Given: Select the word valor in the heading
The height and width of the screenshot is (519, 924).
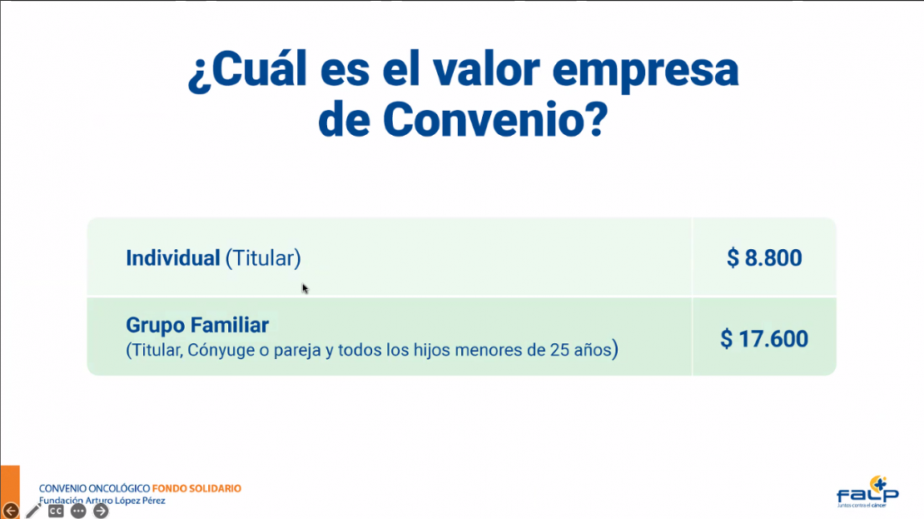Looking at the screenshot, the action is pyautogui.click(x=486, y=70).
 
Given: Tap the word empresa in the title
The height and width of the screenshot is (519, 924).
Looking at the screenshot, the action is pyautogui.click(x=645, y=72).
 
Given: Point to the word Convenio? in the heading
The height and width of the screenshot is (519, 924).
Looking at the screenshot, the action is pyautogui.click(x=495, y=120).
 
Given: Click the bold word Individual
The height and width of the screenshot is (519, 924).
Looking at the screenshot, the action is pyautogui.click(x=172, y=258).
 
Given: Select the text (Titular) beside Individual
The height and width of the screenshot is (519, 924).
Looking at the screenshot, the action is pyautogui.click(x=263, y=258).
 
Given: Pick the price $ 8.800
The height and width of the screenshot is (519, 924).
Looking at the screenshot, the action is pyautogui.click(x=764, y=257).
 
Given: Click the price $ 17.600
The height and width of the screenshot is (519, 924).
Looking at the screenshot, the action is pyautogui.click(x=764, y=338).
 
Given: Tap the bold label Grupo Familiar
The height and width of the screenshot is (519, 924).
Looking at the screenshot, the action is pyautogui.click(x=197, y=325).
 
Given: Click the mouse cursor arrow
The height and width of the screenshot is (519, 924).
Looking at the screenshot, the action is pyautogui.click(x=305, y=288).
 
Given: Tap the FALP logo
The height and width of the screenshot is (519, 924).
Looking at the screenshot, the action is pyautogui.click(x=867, y=492).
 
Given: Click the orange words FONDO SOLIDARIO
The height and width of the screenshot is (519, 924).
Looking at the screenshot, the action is pyautogui.click(x=196, y=488).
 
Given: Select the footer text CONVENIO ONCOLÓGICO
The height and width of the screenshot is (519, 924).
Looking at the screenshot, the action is pyautogui.click(x=94, y=488).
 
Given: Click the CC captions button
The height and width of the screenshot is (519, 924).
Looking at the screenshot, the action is pyautogui.click(x=56, y=511).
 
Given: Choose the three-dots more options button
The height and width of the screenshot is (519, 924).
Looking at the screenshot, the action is pyautogui.click(x=78, y=511).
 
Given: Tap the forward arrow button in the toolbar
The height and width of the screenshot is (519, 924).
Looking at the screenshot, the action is pyautogui.click(x=101, y=511).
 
